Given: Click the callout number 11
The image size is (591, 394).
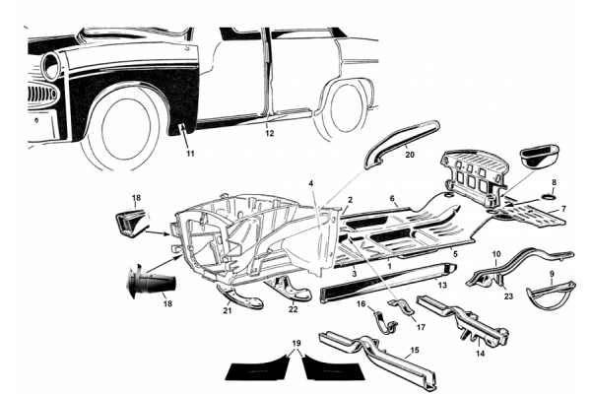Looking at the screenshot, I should click(x=190, y=154).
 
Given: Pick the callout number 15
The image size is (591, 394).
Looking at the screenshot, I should click(x=415, y=350).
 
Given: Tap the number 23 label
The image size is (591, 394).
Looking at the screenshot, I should click(x=508, y=295).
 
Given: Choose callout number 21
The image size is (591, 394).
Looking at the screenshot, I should click(x=227, y=311).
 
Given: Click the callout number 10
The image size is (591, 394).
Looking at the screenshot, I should click(x=495, y=254).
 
